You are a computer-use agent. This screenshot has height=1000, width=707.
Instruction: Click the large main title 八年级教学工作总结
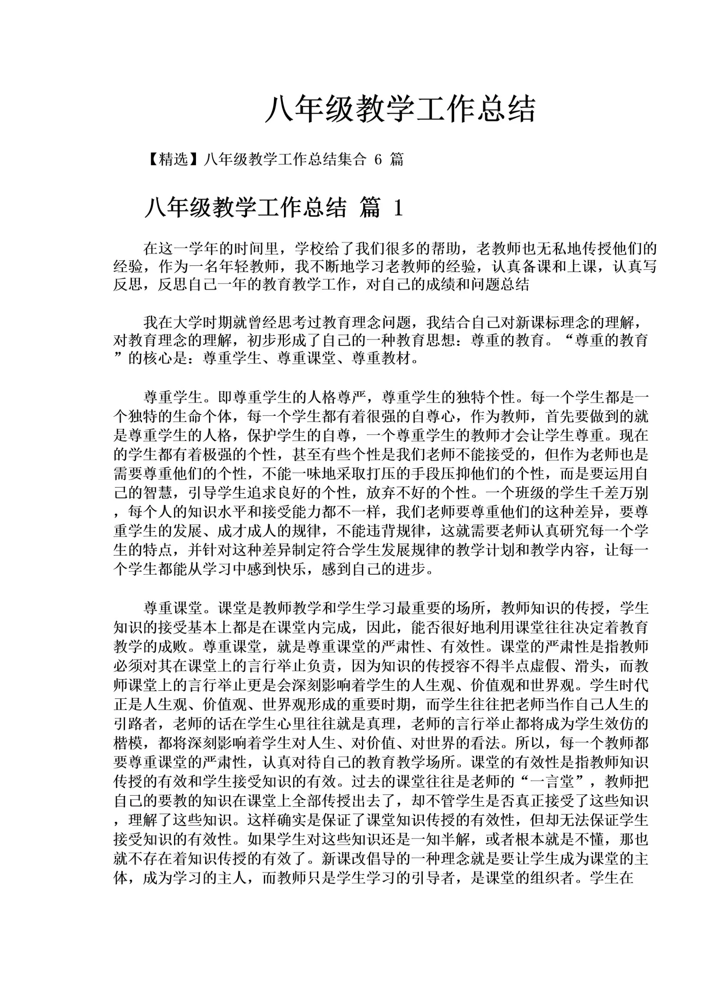click(400, 109)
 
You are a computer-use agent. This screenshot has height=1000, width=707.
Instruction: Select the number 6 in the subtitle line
click(378, 159)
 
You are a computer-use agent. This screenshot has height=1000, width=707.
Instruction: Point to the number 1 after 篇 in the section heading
click(397, 208)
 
